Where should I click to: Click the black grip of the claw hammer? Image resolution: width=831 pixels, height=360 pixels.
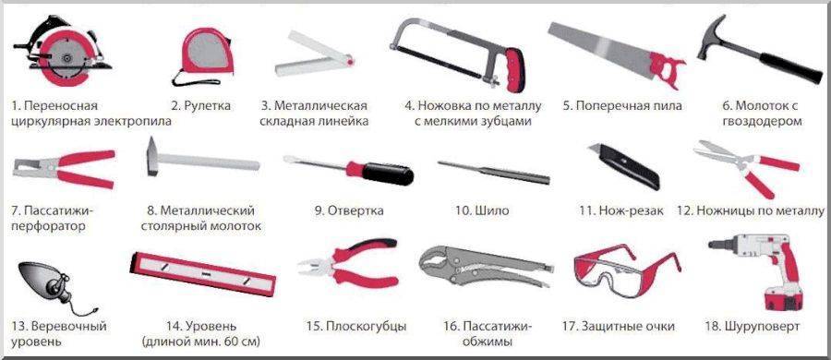[790, 67]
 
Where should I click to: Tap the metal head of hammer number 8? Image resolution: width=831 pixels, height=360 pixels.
[152, 156]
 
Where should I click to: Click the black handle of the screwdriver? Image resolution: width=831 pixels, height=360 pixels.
[388, 174]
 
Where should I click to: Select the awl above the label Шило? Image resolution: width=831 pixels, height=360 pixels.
[494, 172]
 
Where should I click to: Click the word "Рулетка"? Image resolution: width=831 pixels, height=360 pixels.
[207, 106]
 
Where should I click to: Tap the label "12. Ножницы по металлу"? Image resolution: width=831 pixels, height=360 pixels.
[751, 211]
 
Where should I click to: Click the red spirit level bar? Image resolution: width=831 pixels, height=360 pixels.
[203, 273]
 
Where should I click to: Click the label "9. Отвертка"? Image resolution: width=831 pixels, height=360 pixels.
[349, 211]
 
